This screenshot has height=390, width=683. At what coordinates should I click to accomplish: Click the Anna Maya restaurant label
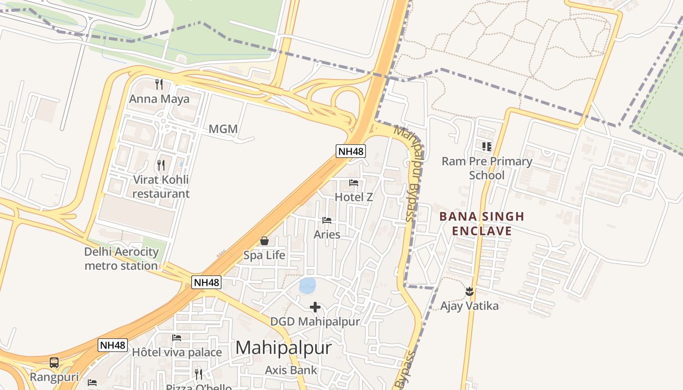tap(159, 99)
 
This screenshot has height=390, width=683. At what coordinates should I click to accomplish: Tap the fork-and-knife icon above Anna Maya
tap(159, 84)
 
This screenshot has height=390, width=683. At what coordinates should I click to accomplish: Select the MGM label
tap(223, 129)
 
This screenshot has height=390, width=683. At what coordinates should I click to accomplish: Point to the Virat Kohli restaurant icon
tap(161, 165)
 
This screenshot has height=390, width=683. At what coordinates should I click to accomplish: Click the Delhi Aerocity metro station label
tap(121, 259)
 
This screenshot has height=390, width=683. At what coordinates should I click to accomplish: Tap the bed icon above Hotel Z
tap(354, 183)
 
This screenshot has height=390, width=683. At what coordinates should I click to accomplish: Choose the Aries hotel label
tap(327, 234)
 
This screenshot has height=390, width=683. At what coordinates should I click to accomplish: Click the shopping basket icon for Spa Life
tap(264, 241)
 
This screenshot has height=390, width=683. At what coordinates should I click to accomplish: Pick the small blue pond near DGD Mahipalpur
tap(307, 286)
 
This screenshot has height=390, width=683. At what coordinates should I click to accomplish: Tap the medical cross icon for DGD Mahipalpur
tap(315, 307)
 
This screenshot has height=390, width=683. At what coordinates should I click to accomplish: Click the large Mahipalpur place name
tap(283, 348)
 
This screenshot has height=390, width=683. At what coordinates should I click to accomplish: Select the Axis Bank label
tap(291, 370)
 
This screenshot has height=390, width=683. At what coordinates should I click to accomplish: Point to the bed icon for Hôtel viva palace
tap(177, 337)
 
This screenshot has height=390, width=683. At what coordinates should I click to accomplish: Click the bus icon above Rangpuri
tap(54, 363)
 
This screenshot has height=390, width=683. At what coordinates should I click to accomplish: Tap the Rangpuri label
tap(54, 377)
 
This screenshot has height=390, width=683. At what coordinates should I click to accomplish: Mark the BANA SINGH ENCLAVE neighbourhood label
tap(482, 223)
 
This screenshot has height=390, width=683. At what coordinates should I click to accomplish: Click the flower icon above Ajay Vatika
tap(469, 292)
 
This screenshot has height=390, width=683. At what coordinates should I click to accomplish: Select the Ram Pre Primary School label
tap(486, 168)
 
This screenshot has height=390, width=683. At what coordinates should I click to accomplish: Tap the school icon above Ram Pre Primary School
tap(486, 146)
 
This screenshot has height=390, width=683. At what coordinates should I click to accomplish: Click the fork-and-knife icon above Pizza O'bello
tap(199, 374)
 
